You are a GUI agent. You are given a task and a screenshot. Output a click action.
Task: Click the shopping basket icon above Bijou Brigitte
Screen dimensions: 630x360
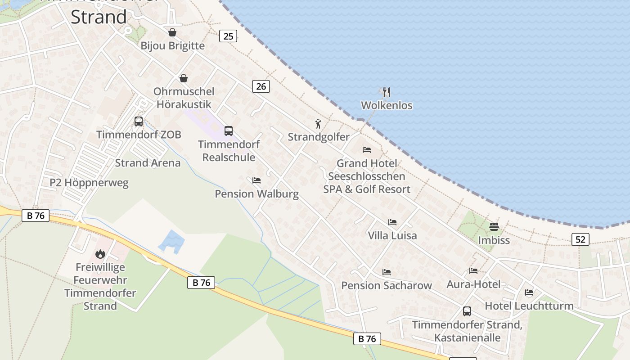(172, 32)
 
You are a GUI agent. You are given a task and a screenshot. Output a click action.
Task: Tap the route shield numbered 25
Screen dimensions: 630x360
(228, 36)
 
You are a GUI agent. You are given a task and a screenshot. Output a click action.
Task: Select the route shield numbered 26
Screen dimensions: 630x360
(261, 86)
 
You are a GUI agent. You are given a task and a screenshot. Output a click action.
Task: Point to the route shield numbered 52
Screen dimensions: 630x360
(580, 239)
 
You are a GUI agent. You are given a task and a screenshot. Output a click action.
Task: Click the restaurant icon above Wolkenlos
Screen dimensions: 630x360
(386, 92)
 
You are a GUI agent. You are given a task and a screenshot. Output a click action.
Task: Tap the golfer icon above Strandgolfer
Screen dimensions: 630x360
(319, 124)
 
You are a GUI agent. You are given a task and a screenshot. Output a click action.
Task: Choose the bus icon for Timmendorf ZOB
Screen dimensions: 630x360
(138, 121)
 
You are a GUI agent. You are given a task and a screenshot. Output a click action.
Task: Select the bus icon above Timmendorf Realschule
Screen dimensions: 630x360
(229, 131)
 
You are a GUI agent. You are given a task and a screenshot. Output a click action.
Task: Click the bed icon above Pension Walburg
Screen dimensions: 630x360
(256, 180)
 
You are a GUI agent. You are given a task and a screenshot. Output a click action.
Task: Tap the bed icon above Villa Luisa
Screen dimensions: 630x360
(392, 222)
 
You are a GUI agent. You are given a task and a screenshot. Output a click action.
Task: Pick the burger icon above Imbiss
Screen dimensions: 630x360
(494, 226)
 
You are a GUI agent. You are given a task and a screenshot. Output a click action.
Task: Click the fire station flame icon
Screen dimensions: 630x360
(100, 254)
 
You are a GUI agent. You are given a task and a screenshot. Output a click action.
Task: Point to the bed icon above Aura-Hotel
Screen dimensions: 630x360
(473, 271)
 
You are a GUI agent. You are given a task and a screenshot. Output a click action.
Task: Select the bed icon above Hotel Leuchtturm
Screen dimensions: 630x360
(529, 292)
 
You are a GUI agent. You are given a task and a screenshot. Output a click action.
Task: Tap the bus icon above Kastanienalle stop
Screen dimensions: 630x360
(467, 311)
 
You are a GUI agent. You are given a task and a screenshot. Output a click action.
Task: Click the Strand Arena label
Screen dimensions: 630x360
(148, 163)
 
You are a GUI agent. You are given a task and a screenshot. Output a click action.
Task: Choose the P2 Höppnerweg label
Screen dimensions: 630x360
(89, 183)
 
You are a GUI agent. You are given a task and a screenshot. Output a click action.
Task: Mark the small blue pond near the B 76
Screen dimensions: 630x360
(171, 241)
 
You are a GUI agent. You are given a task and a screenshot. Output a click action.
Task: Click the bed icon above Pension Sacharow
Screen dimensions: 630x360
(386, 272)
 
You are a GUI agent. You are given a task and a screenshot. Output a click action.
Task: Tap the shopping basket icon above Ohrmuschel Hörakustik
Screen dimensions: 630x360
(184, 78)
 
